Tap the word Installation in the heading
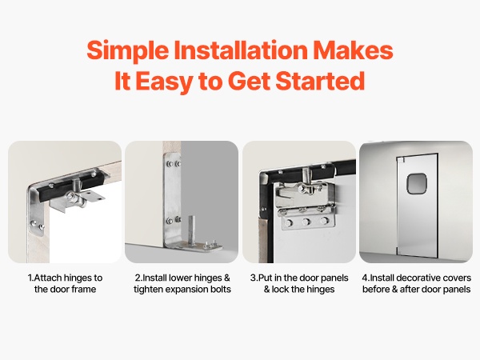click(240, 50)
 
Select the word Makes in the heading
click(353, 50)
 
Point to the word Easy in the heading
click(164, 82)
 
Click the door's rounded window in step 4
click(416, 183)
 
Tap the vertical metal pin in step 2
click(192, 230)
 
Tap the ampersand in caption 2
click(226, 278)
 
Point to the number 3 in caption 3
click(253, 278)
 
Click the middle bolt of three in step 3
click(306, 222)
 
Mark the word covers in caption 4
click(458, 278)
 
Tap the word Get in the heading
click(249, 81)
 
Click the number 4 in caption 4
click(365, 278)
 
